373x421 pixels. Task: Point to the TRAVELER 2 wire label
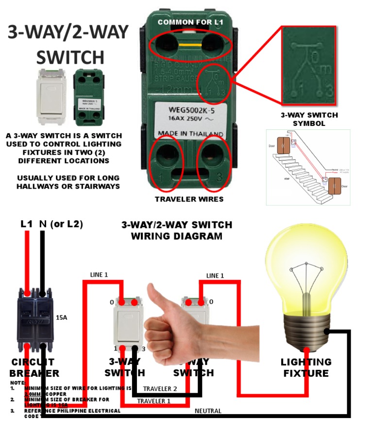click(x=161, y=389)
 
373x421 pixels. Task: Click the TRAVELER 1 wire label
click(x=154, y=401)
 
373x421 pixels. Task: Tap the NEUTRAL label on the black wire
click(x=208, y=411)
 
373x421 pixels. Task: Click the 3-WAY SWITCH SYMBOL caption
click(x=309, y=120)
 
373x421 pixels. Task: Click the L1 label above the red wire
click(x=27, y=224)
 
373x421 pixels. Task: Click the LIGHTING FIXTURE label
click(x=306, y=368)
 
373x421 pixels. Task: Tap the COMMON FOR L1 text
click(x=190, y=22)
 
